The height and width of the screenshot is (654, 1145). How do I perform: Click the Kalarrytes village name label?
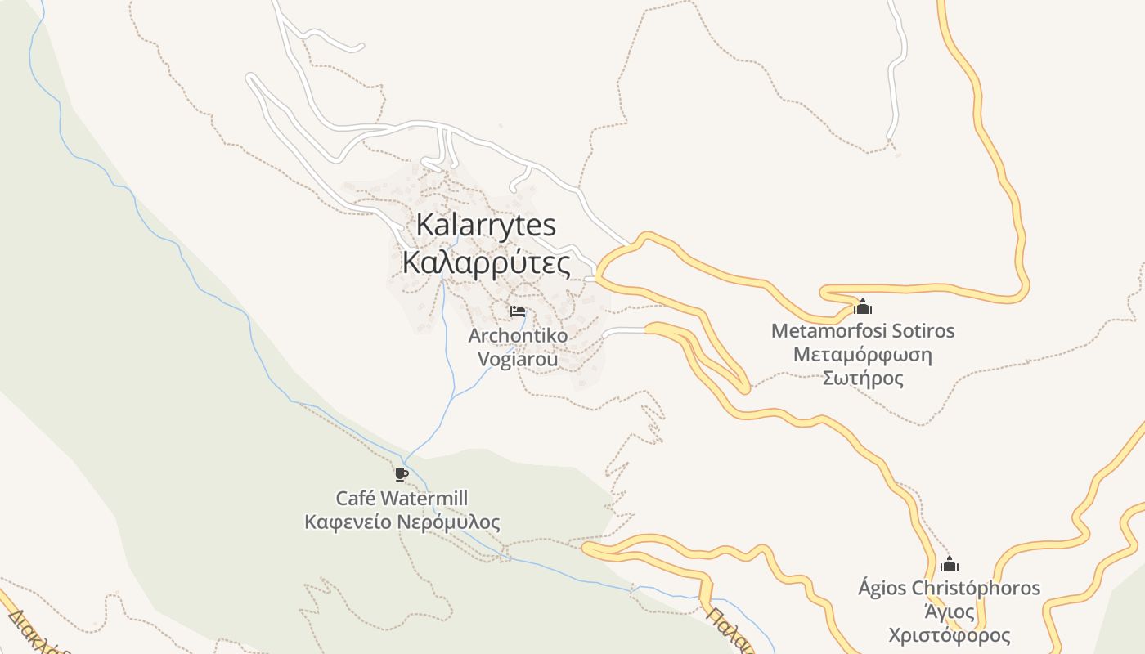coord(486,225)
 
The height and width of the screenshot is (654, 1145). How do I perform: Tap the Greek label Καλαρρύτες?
coord(486,263)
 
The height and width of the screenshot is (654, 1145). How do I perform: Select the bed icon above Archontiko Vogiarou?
coord(518,311)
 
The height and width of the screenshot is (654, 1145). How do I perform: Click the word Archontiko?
coord(518,335)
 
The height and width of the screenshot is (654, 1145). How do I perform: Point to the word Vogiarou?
coord(518,359)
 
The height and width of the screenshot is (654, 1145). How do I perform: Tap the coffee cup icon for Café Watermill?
coord(401,474)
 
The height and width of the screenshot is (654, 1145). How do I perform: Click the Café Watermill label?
coord(402,498)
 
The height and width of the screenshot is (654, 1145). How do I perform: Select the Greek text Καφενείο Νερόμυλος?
coord(402,522)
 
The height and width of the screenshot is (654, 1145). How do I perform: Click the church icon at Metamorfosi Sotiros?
coord(863,307)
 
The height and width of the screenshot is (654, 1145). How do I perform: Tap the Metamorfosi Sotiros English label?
coord(863,331)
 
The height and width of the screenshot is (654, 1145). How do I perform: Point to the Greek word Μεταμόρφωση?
coord(863,355)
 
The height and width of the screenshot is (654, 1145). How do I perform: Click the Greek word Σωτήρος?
coord(863,379)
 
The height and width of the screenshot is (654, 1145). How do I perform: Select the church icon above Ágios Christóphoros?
coord(949,564)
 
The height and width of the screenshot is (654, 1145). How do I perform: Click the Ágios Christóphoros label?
coord(949,588)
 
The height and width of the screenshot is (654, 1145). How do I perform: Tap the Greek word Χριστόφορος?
coord(949,635)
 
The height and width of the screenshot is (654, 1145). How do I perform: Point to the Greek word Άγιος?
coord(949,611)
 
